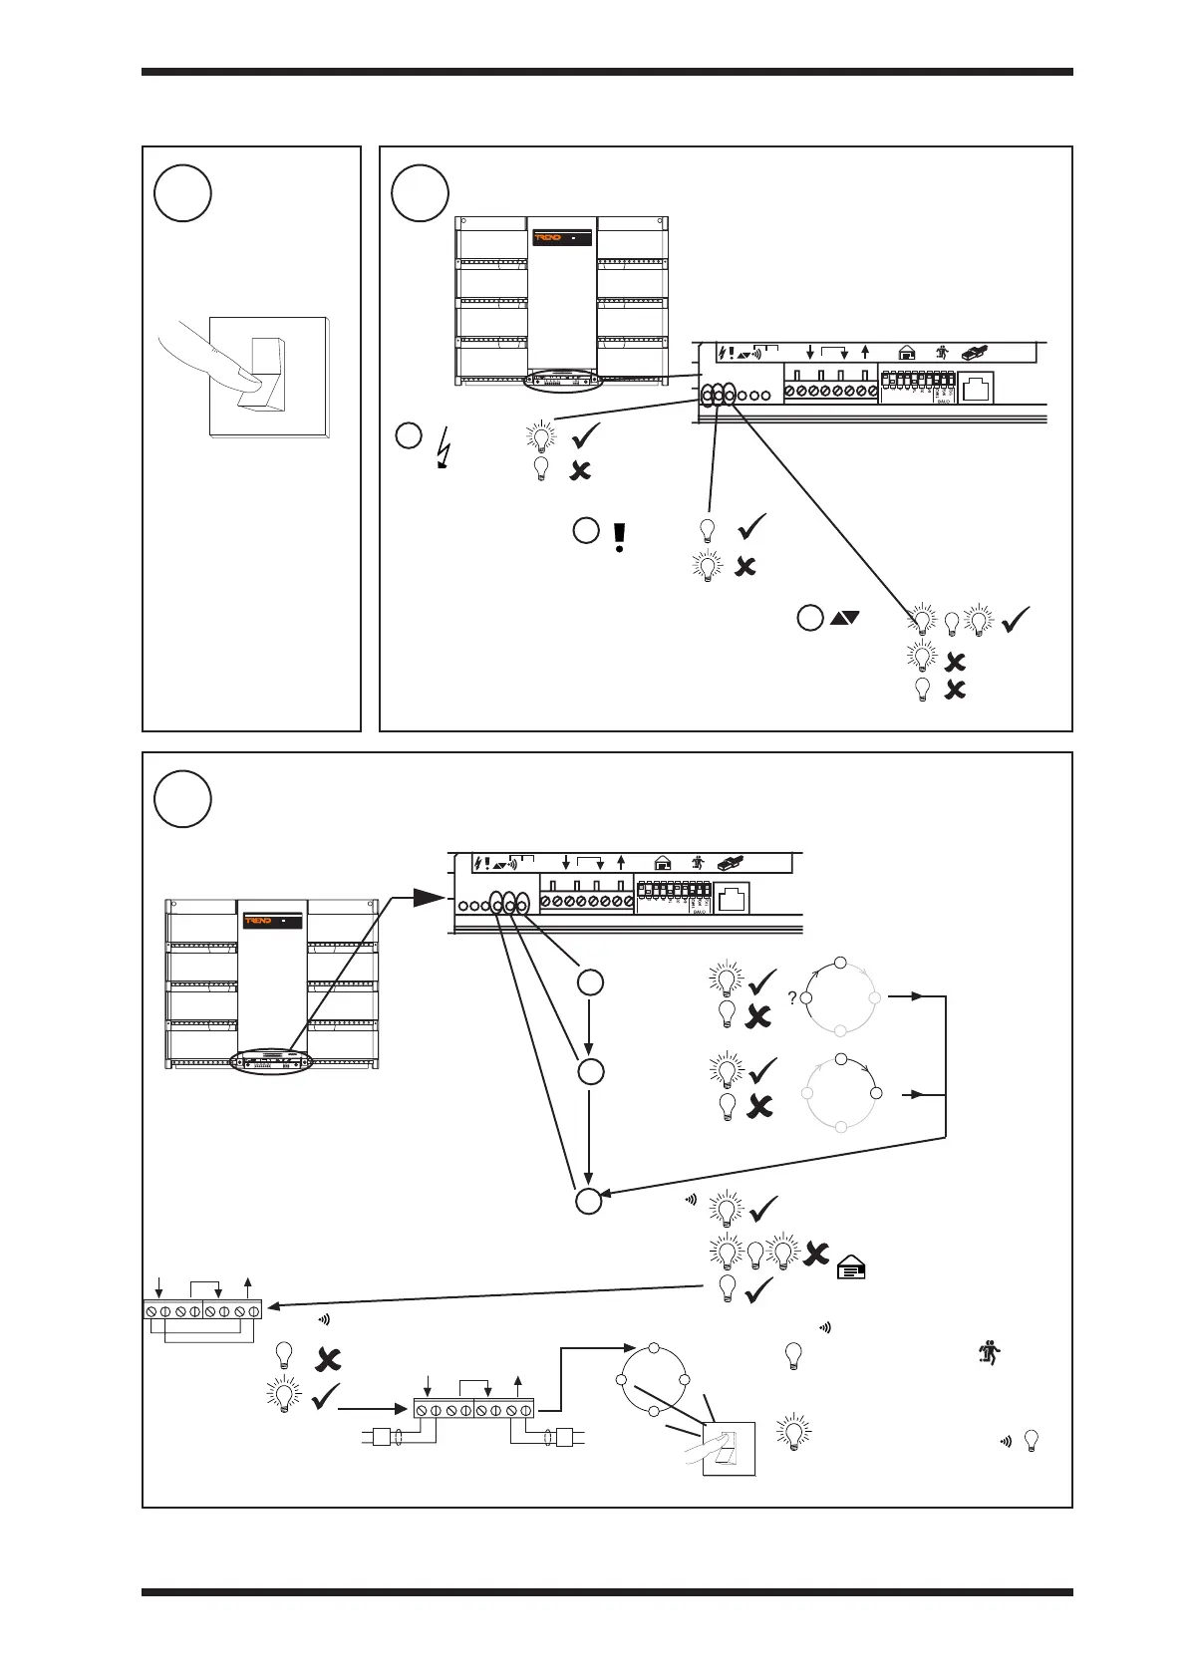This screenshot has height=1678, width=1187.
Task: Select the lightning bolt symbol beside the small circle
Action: pyautogui.click(x=443, y=445)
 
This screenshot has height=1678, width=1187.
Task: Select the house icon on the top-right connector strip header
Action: pyautogui.click(x=906, y=352)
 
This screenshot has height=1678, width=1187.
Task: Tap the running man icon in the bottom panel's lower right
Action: pyautogui.click(x=993, y=1354)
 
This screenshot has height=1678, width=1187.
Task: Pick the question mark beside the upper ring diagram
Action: pyautogui.click(x=791, y=998)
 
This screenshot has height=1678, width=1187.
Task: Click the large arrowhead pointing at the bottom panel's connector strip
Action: pyautogui.click(x=430, y=898)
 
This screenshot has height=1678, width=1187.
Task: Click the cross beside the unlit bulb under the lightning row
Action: pyautogui.click(x=579, y=470)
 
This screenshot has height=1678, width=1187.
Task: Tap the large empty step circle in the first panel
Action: pyautogui.click(x=182, y=193)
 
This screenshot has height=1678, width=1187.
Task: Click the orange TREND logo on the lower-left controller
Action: pyautogui.click(x=259, y=922)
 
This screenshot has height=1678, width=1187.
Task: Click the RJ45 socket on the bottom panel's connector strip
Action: pyautogui.click(x=733, y=898)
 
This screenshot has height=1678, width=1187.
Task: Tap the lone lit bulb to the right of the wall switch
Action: pyautogui.click(x=793, y=1432)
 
